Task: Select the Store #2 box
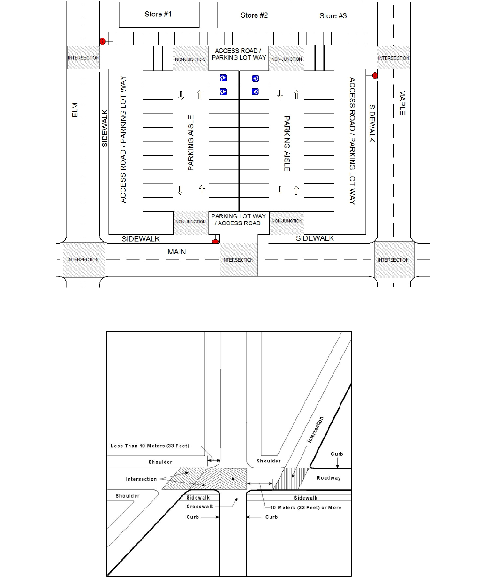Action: (x=254, y=15)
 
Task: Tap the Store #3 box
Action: (x=333, y=16)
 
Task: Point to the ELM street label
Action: (x=75, y=111)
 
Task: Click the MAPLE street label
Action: (x=402, y=103)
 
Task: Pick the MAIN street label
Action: (x=177, y=252)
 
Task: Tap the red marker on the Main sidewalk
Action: (x=216, y=242)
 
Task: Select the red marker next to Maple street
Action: (x=375, y=75)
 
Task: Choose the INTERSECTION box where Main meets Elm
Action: (x=83, y=260)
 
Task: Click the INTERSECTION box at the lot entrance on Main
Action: (x=238, y=260)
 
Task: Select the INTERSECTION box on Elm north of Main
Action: (x=83, y=58)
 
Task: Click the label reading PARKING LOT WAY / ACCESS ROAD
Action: (x=238, y=220)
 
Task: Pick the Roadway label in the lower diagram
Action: (x=328, y=478)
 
